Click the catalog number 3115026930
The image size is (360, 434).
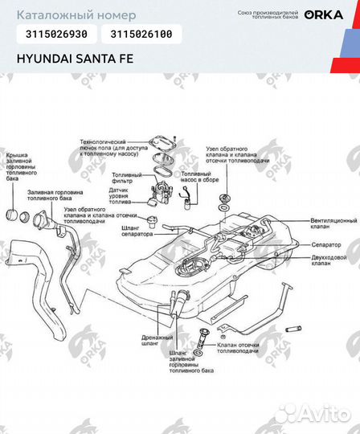[x=57, y=35]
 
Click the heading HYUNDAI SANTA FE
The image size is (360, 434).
[x=76, y=59]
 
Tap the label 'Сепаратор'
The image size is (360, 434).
[x=326, y=244]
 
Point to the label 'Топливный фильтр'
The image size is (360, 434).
[x=126, y=178]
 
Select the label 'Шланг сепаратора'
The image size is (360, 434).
[x=136, y=229]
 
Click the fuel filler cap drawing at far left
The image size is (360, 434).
[x=14, y=215]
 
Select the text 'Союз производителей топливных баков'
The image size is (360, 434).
[x=268, y=15]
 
